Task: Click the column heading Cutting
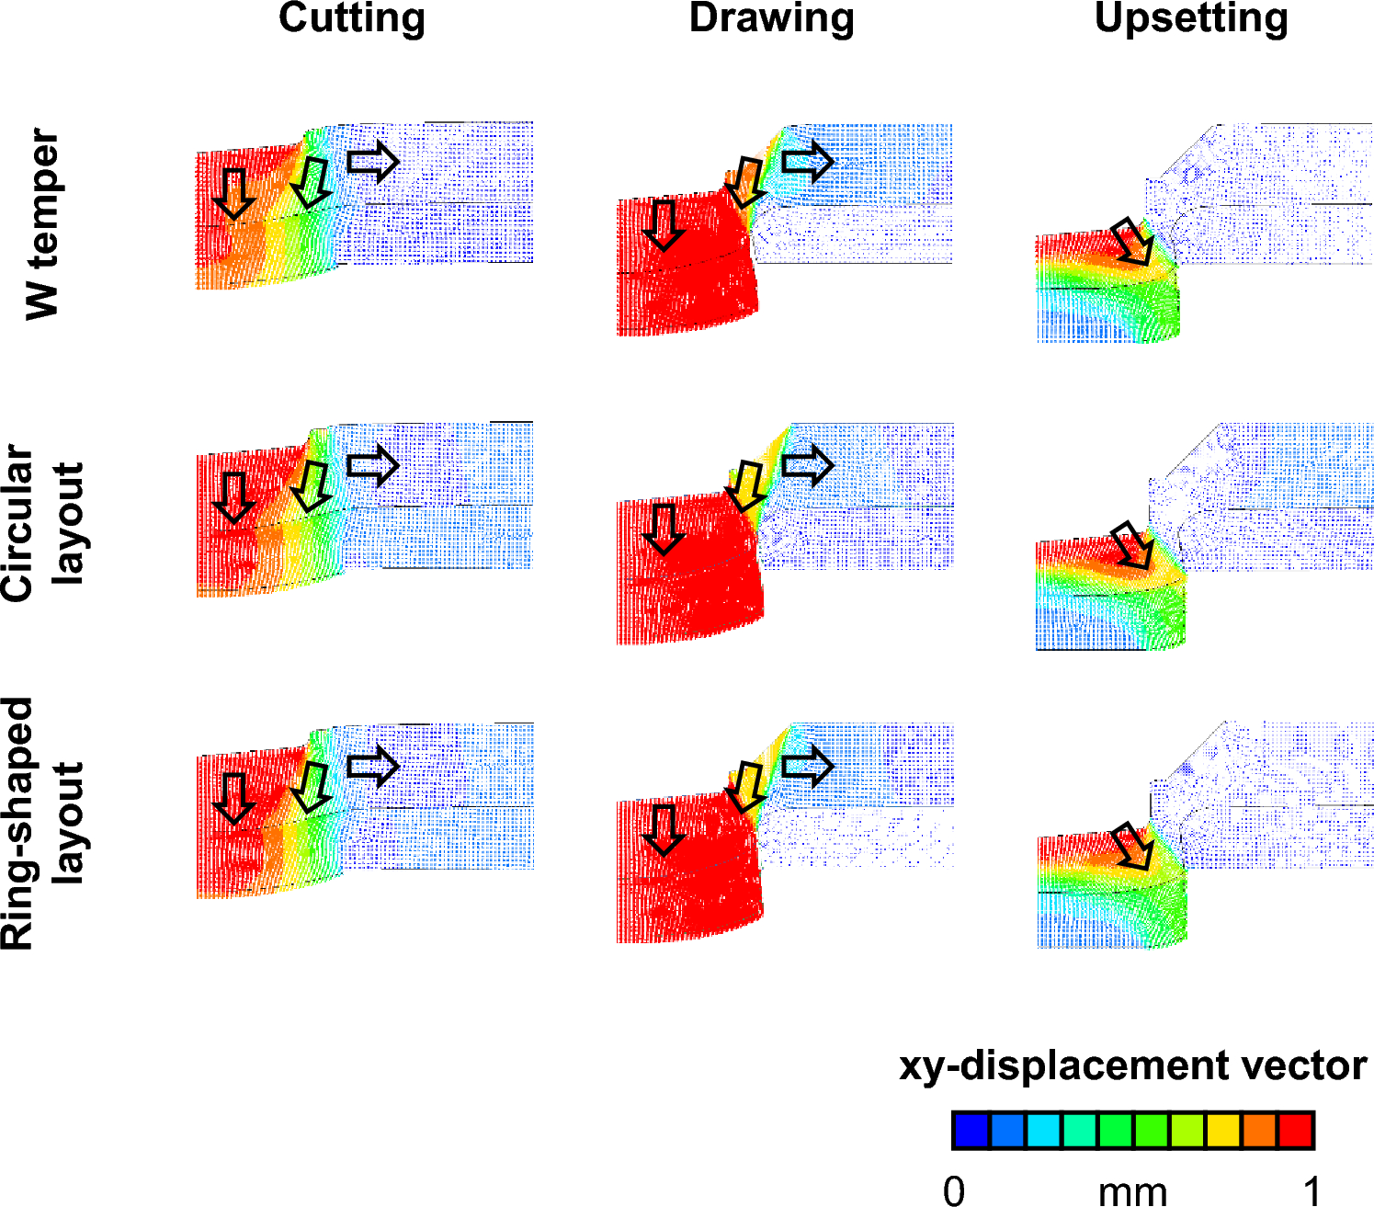(x=352, y=18)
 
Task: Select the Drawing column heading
(x=771, y=18)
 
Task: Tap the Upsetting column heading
(x=1191, y=18)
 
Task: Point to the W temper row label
(x=42, y=224)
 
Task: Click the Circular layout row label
(x=42, y=523)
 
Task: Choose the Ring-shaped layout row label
(x=42, y=824)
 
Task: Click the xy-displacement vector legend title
(x=1132, y=1066)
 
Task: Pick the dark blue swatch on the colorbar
(x=971, y=1131)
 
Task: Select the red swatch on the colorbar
(x=1296, y=1131)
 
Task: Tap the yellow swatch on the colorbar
(x=1223, y=1131)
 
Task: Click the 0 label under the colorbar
(x=954, y=1190)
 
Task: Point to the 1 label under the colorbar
(x=1312, y=1190)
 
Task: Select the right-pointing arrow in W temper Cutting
(x=373, y=162)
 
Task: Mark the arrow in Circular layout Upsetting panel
(x=1132, y=546)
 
